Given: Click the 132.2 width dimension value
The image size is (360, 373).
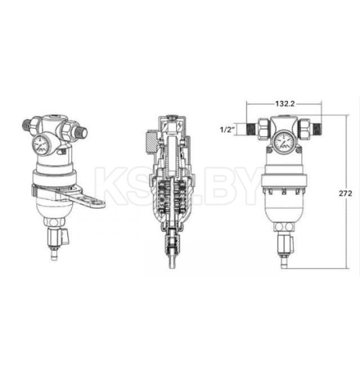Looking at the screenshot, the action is [x=285, y=104].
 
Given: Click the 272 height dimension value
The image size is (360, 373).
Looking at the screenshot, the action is [x=345, y=194].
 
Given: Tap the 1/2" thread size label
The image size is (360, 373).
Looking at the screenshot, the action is [x=228, y=130].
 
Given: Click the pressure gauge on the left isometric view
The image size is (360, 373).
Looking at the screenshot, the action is [x=40, y=145].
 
